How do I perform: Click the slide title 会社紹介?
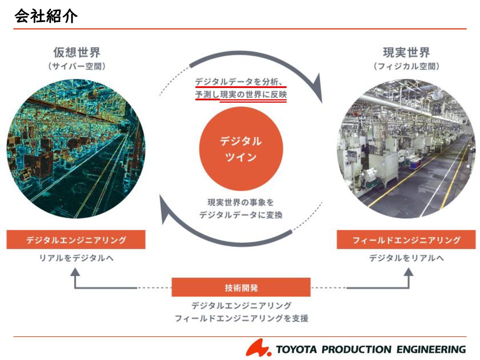(x=46, y=16)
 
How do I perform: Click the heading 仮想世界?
(x=77, y=52)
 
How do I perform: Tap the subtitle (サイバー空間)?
(x=77, y=66)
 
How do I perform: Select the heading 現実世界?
(x=406, y=52)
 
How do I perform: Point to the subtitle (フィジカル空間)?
(x=406, y=66)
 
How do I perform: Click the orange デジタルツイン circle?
(x=241, y=149)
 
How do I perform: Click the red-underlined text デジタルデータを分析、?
(x=239, y=82)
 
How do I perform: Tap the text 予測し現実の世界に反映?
(x=241, y=95)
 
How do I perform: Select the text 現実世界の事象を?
(x=241, y=202)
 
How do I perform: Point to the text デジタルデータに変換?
(x=241, y=215)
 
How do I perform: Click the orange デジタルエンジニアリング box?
(x=76, y=240)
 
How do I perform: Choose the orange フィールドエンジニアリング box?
(x=406, y=240)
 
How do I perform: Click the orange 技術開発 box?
(x=241, y=287)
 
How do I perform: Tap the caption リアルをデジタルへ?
(x=76, y=258)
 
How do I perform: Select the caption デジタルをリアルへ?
(x=406, y=258)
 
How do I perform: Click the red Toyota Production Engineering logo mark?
(x=258, y=348)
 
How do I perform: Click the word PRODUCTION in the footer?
(x=356, y=349)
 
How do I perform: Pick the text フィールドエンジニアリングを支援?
(x=241, y=318)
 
